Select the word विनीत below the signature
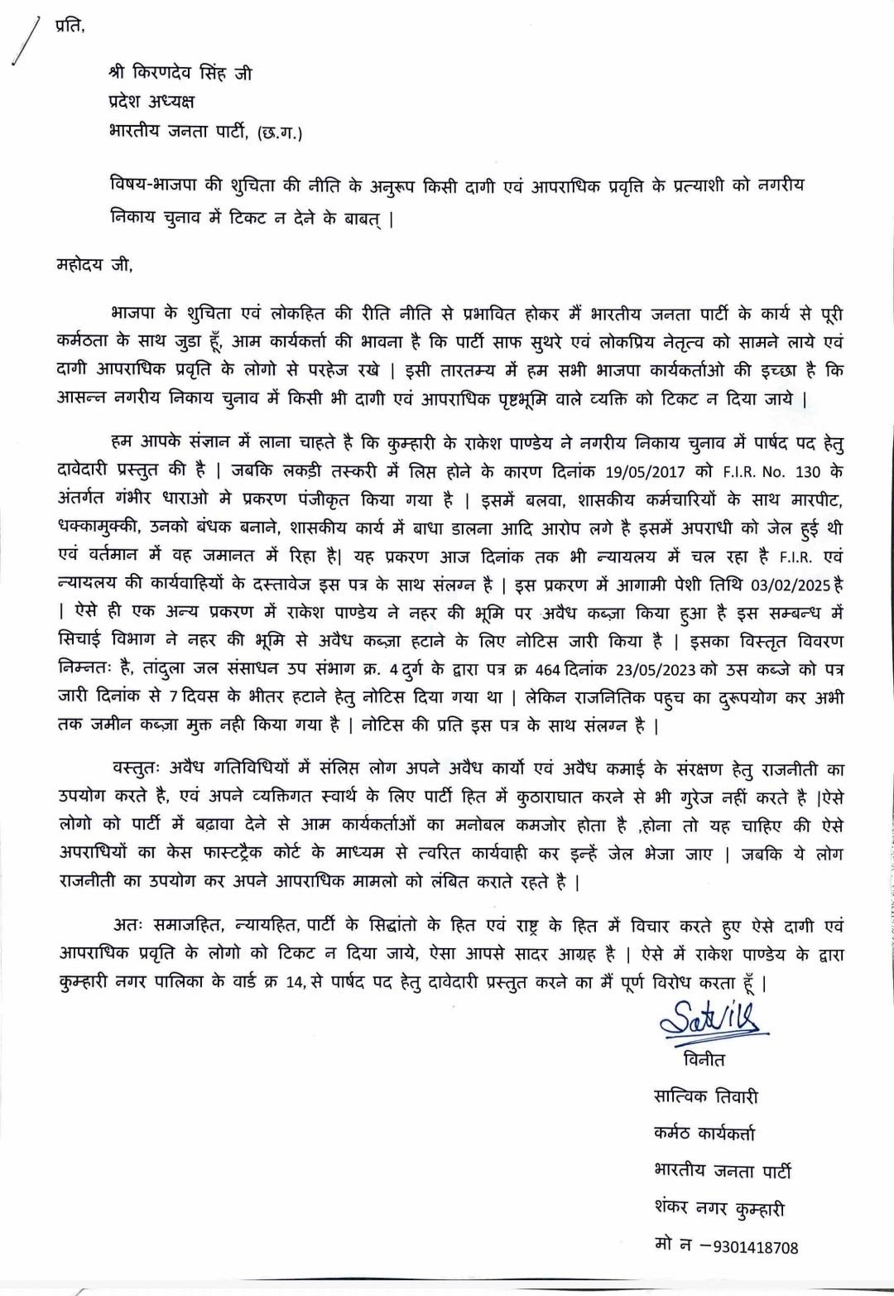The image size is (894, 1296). click(x=704, y=1060)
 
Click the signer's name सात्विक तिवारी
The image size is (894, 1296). click(x=705, y=1096)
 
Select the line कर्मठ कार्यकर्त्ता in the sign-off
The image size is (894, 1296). click(x=704, y=1134)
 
